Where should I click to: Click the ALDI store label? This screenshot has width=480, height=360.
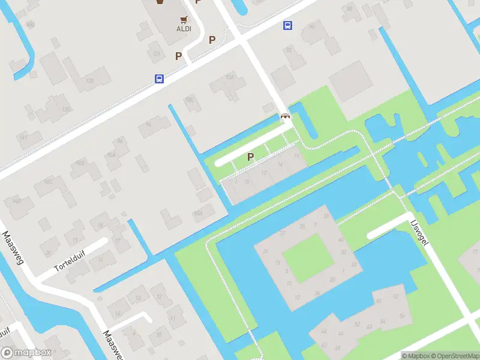click(184, 28)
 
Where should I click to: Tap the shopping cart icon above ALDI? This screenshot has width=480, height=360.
click(184, 19)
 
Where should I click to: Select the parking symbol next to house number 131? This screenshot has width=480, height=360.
click(178, 56)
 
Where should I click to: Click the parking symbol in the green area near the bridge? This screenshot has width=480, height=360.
click(251, 157)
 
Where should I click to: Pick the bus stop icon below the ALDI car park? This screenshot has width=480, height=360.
click(159, 79)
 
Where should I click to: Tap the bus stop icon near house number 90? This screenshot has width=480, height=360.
click(288, 25)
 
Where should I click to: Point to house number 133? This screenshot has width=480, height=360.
click(90, 80)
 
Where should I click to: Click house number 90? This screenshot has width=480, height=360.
click(311, 26)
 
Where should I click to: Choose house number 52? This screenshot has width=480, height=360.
click(356, 325)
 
